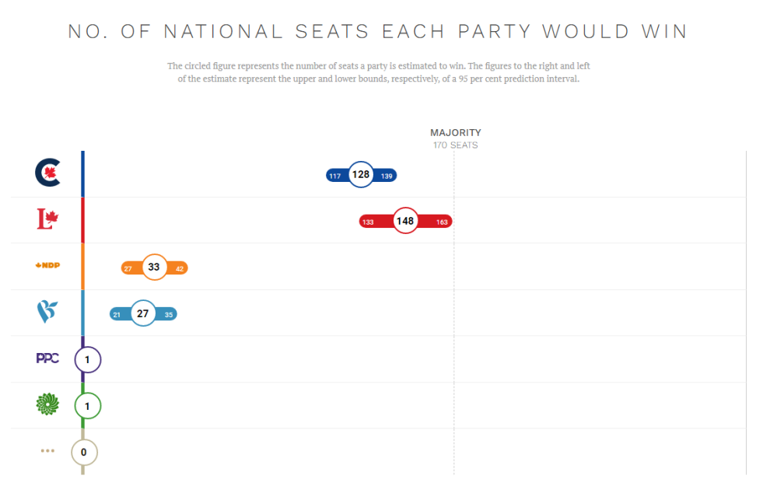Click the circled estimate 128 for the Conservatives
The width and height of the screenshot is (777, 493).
point(360,175)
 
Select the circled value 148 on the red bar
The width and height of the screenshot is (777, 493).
point(404,221)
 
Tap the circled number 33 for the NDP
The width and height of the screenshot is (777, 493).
point(154,267)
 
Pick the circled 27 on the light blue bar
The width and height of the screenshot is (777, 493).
point(142,313)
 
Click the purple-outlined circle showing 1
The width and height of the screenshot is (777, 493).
point(88,360)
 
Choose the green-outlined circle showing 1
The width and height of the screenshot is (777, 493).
point(88,406)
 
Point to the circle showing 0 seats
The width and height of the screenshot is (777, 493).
point(84,452)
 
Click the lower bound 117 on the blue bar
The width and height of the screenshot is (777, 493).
point(335,176)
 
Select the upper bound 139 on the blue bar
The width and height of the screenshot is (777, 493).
point(387,176)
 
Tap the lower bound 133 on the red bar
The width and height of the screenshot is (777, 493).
point(369,222)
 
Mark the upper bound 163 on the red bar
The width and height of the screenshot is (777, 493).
point(442,222)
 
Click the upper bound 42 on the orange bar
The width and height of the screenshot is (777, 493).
point(180,268)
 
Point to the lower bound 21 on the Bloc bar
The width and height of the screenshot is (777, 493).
point(117,314)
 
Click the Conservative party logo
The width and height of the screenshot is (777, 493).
point(47,173)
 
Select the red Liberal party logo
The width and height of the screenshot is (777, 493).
point(48,220)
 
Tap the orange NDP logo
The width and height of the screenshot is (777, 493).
point(47,265)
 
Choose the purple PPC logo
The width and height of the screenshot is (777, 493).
point(47,358)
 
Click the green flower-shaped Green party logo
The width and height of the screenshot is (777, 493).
point(47,404)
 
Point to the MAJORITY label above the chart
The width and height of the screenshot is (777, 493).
point(456,133)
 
